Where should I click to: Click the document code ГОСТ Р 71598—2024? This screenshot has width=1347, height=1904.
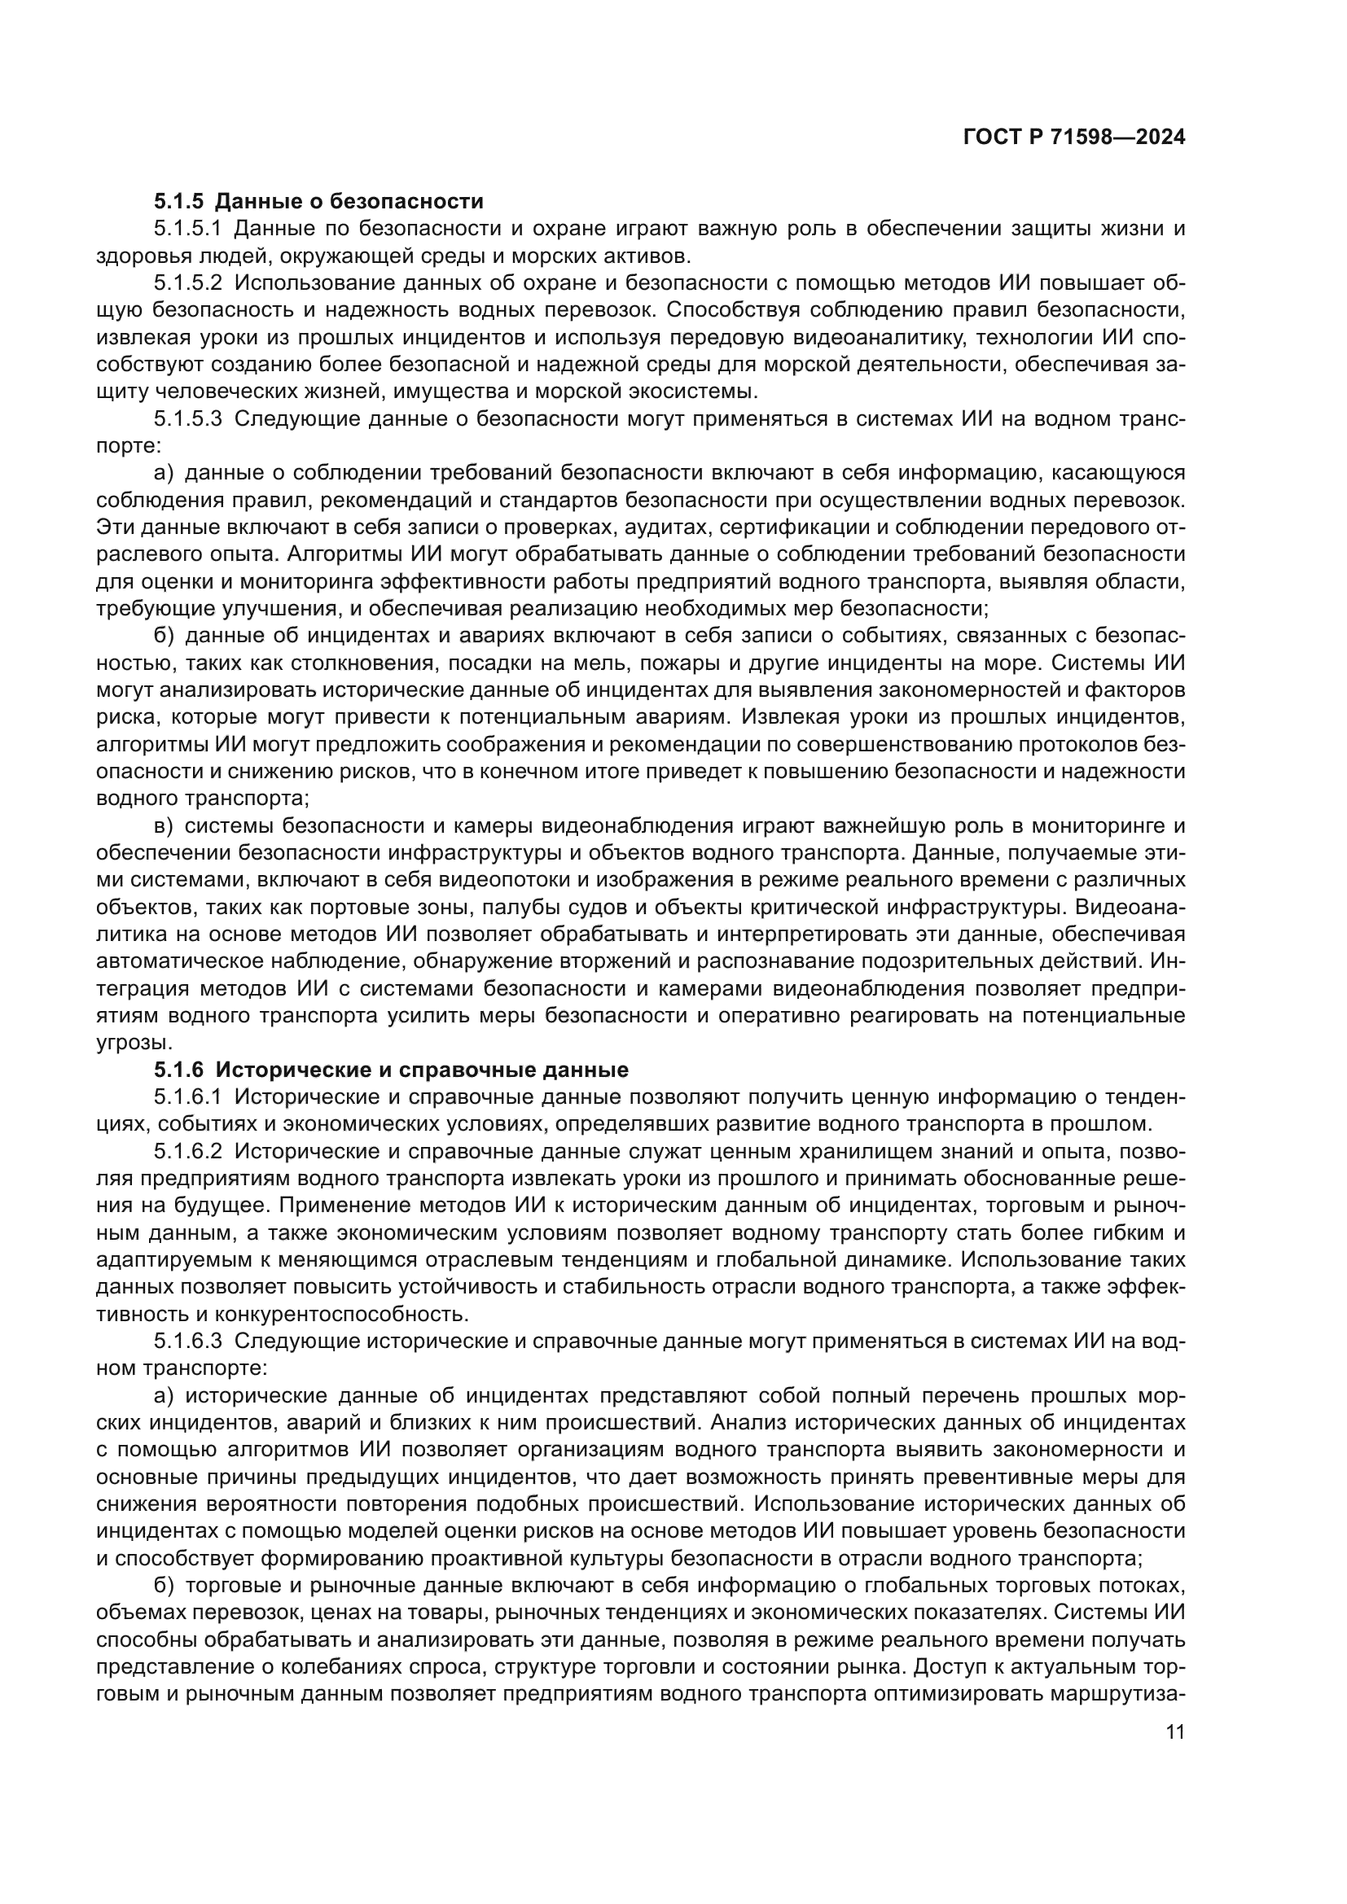point(1073,138)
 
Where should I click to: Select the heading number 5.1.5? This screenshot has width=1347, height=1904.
point(178,202)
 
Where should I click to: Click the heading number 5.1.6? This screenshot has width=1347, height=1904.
point(178,1070)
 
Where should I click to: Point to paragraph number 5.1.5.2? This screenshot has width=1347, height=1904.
point(188,282)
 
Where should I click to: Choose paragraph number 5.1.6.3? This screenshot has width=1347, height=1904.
point(188,1342)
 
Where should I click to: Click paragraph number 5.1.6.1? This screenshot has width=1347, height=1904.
point(188,1097)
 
